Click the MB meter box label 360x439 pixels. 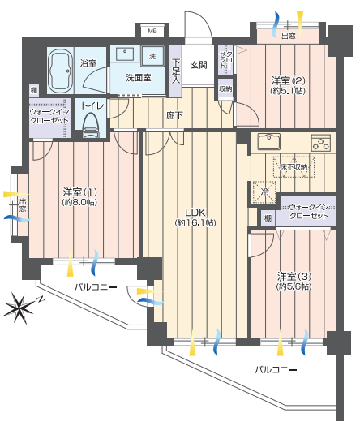point(152,31)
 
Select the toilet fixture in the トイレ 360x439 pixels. point(90,125)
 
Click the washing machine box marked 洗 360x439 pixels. point(152,56)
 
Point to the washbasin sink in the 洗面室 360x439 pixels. point(125,54)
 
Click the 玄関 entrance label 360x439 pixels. point(199,65)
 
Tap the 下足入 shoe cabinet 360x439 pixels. point(176,71)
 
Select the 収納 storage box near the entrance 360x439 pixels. point(225,88)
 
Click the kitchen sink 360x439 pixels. point(269,141)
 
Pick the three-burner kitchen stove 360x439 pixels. point(321,143)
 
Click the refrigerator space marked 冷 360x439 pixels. point(264,192)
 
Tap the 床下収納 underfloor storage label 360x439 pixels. point(294,167)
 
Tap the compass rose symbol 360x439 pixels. point(19,308)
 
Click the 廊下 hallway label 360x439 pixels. point(174,115)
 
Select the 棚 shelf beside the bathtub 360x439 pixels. point(34,90)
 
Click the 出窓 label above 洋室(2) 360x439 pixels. point(289,36)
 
